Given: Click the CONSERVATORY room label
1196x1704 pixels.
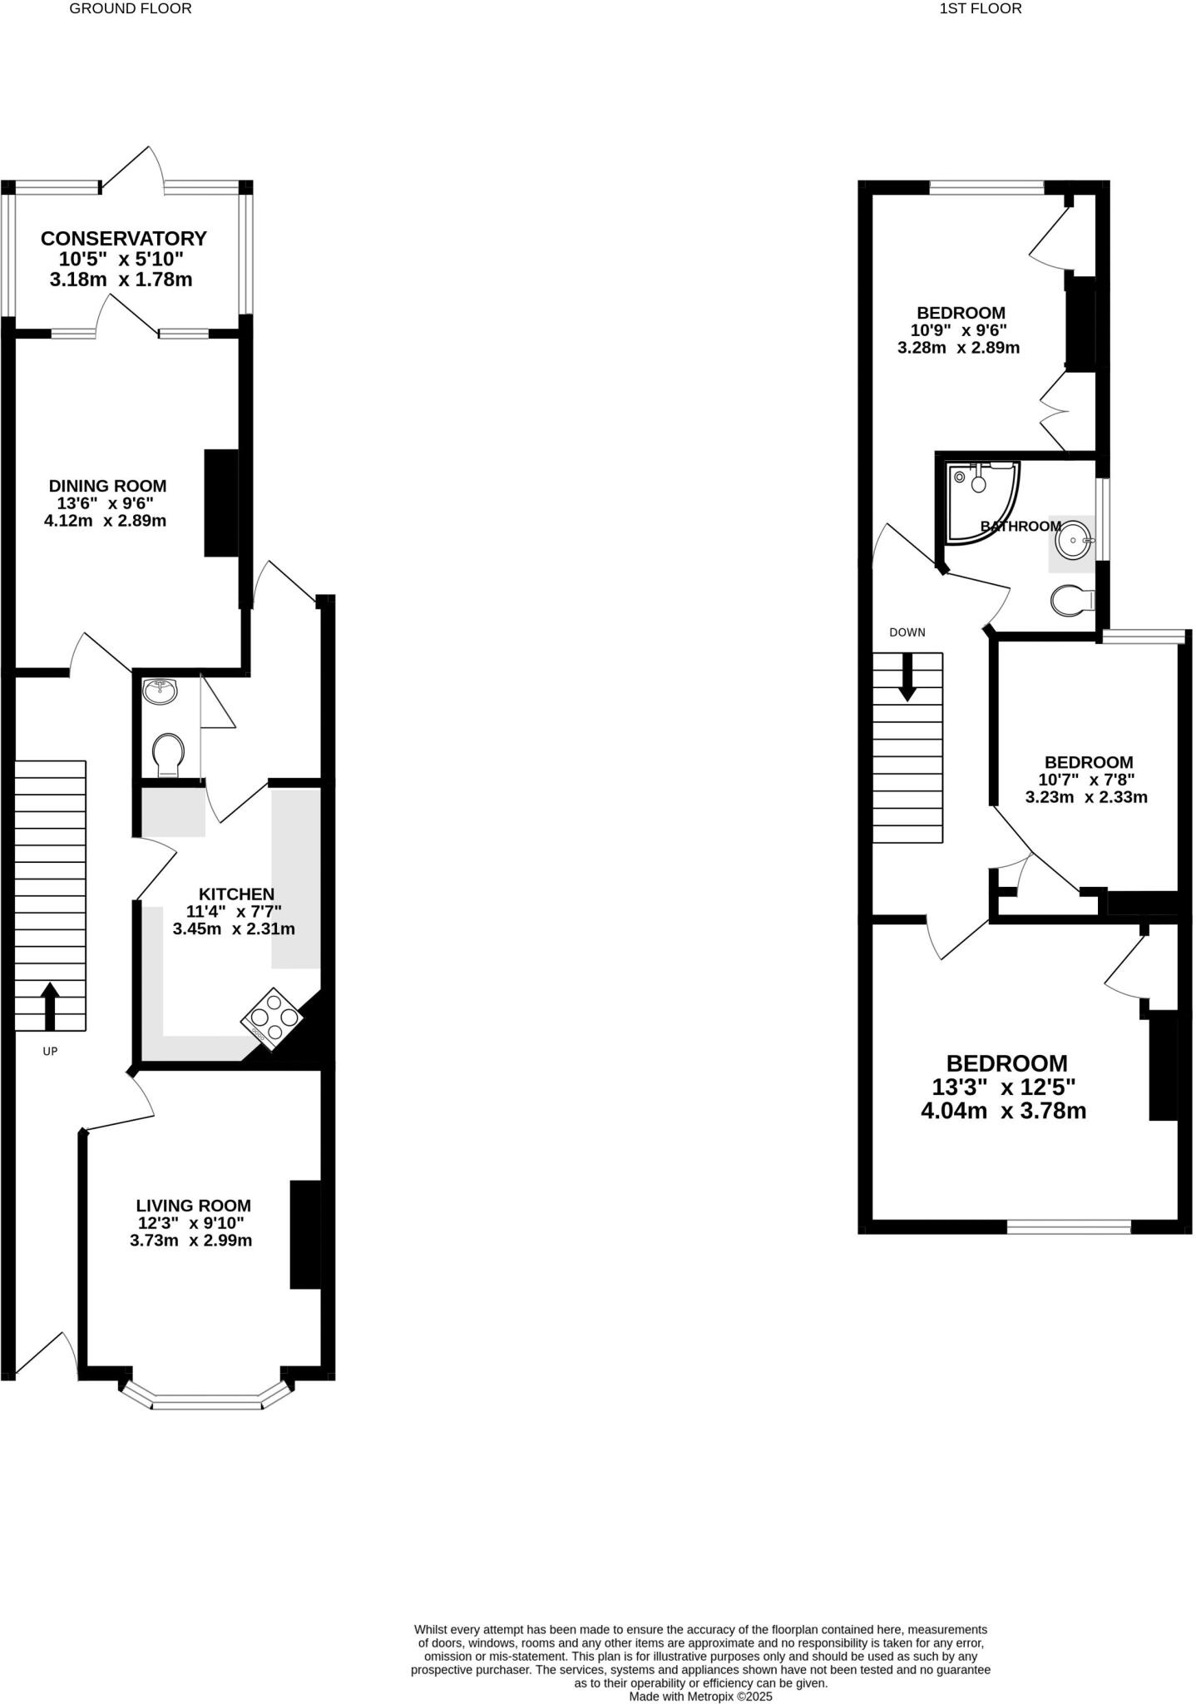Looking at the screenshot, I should [x=123, y=239].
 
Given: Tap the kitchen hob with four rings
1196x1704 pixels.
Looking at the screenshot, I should [x=271, y=1017].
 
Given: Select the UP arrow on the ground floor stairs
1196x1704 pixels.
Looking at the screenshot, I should [x=50, y=1005].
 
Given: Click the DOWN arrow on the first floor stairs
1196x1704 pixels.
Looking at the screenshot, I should [x=907, y=676].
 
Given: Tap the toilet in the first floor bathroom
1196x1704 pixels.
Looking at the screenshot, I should [x=1072, y=600].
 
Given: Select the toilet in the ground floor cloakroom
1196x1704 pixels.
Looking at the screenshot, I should [x=168, y=754].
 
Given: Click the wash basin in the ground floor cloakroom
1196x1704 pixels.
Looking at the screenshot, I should [x=161, y=691].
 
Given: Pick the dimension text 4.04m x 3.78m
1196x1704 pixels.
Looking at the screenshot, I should [x=1003, y=1111].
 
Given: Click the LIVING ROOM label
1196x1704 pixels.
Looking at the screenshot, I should [x=193, y=1206].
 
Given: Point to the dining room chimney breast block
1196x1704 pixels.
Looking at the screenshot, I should [x=221, y=503].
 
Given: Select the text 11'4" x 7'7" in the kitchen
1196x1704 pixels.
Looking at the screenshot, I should [x=234, y=912].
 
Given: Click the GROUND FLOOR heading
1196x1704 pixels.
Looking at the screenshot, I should [x=131, y=9].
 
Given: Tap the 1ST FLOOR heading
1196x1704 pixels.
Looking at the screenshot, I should [x=980, y=9].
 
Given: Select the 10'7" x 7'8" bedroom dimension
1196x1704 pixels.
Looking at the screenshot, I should [x=1086, y=780].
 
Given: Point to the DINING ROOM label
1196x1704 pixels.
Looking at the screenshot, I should [x=107, y=486].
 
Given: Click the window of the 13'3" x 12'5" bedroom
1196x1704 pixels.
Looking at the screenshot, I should [x=1069, y=1226].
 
